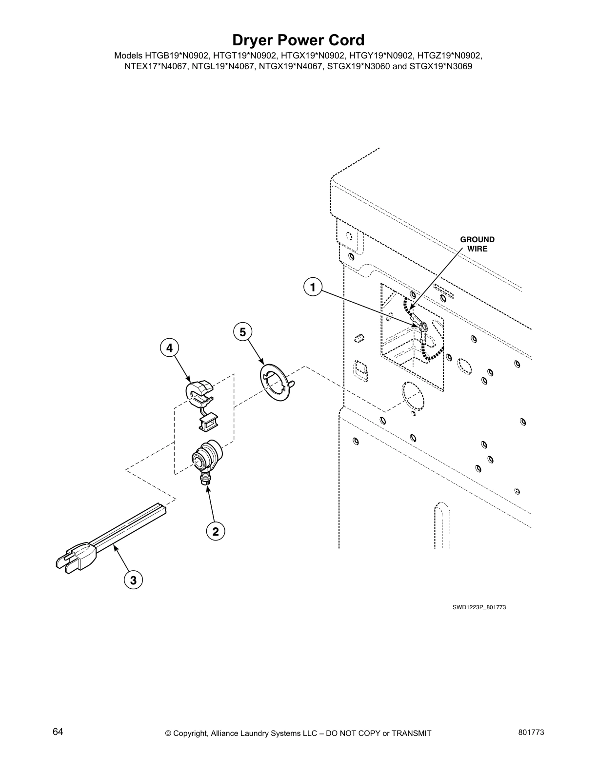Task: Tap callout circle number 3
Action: click(x=133, y=580)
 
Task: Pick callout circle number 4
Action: click(x=169, y=348)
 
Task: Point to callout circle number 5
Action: click(x=242, y=332)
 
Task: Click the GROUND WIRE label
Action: click(x=477, y=244)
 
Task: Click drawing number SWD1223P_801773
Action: click(x=476, y=607)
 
